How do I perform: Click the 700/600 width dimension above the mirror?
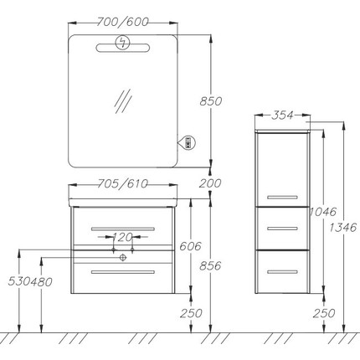(122, 22)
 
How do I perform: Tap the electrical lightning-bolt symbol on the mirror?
(123, 43)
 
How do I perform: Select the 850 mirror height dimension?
(211, 101)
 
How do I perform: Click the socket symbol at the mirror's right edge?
(188, 142)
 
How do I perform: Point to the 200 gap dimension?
(210, 183)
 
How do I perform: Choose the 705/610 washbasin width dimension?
(123, 183)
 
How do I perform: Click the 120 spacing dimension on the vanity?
(122, 237)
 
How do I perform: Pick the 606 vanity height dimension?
(190, 246)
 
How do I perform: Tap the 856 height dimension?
(210, 265)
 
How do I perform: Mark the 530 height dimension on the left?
(19, 281)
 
